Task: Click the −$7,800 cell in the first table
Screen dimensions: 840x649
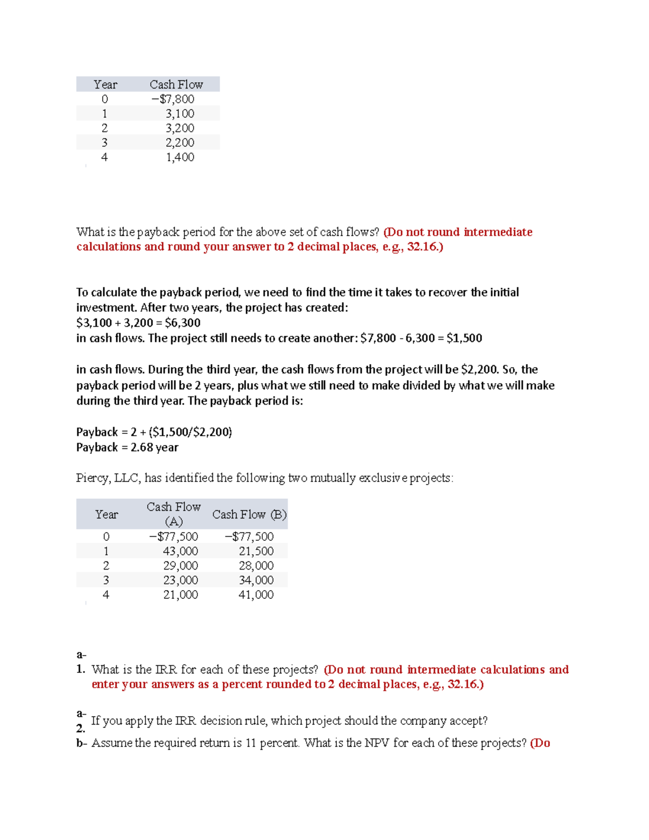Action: [x=173, y=99]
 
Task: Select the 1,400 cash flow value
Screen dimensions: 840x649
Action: [x=180, y=157]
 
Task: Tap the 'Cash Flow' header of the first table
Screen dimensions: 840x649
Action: [x=176, y=84]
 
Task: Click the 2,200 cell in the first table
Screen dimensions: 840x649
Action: [x=180, y=143]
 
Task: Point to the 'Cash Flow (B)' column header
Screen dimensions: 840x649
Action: [x=249, y=514]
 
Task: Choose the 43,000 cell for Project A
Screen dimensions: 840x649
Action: [x=181, y=551]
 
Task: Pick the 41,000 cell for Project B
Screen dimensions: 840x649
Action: [x=256, y=595]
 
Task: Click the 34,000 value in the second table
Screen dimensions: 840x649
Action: [x=256, y=580]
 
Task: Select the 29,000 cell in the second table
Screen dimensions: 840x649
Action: [x=181, y=566]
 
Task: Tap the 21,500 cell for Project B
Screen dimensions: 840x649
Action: [x=256, y=551]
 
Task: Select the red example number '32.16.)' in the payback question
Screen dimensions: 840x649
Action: [x=425, y=247]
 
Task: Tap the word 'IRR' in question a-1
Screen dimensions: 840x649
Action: [x=166, y=670]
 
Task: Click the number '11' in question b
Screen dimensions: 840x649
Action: [x=250, y=743]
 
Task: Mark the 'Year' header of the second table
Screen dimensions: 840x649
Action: [x=106, y=514]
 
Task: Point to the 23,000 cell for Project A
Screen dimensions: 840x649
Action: [x=181, y=580]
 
